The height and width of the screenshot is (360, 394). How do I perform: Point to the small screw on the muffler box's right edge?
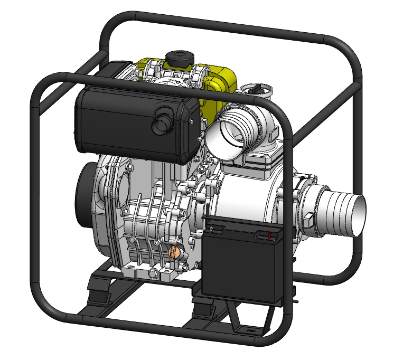(x=191, y=122)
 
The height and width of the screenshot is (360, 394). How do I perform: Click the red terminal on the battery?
(x=269, y=234)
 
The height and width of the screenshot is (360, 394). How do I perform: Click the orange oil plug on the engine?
(x=173, y=253)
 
